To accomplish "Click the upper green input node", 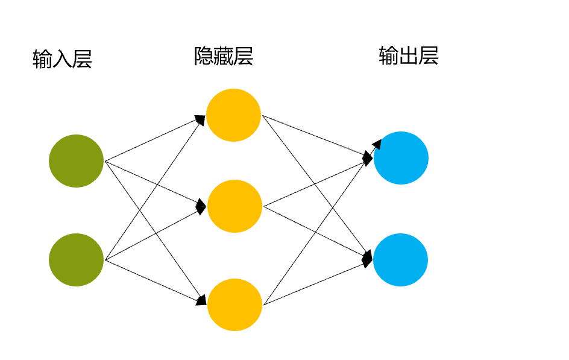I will [76, 161].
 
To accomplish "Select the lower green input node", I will [76, 260].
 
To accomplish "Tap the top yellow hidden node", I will [233, 115].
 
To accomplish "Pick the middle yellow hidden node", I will [234, 206].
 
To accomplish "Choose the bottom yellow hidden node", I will [234, 305].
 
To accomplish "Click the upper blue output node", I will [401, 158].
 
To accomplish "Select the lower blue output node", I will [400, 260].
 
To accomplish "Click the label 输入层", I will [62, 59].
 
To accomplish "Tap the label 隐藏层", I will [224, 56].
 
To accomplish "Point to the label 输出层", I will [408, 55].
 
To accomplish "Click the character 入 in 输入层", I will [62, 59].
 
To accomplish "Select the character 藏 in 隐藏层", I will [224, 56].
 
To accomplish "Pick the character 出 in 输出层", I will [408, 55].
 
